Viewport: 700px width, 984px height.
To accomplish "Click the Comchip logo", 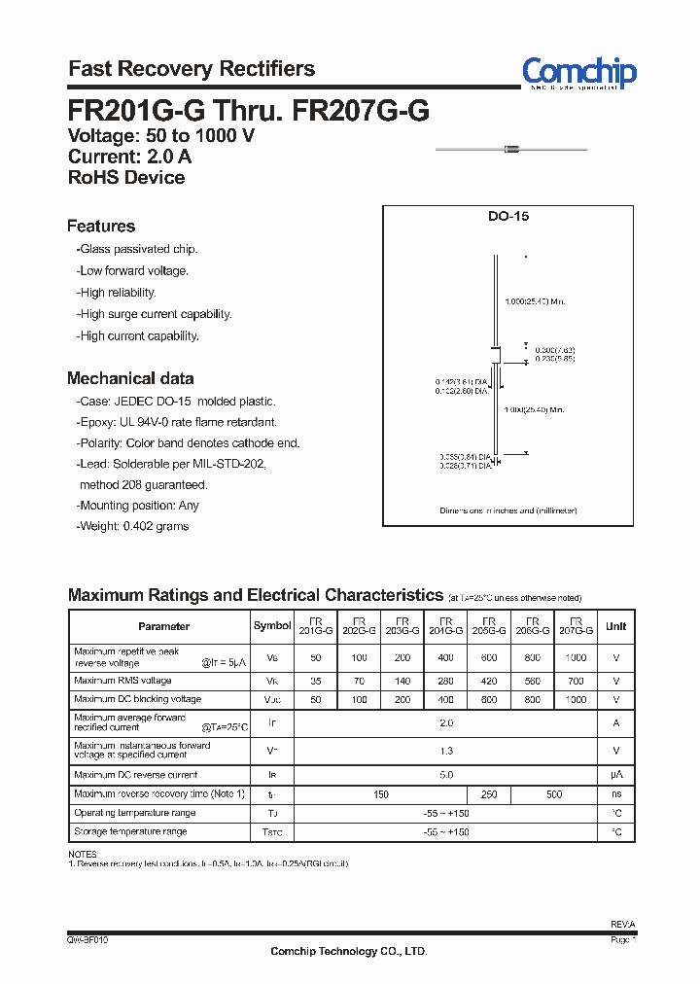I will pos(578,72).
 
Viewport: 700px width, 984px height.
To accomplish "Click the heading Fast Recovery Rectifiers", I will pos(192,69).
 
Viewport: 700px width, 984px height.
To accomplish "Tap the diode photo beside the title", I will pos(510,149).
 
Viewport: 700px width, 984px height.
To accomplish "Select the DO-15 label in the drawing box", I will pos(507,218).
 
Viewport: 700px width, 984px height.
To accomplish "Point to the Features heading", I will pos(101,227).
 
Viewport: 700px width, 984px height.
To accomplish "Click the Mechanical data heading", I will pos(130,378).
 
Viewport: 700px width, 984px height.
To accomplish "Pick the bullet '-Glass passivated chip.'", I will pos(137,250).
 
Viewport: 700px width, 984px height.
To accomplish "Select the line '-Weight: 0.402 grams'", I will pos(133,526).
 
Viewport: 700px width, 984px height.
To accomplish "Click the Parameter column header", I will pos(163,626).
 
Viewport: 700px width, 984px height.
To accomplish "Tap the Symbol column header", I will pos(272,626).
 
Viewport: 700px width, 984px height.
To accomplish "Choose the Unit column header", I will pos(616,626).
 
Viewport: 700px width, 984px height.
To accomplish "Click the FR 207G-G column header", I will pos(576,625).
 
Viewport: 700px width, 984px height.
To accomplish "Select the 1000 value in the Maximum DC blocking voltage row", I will pos(576,700).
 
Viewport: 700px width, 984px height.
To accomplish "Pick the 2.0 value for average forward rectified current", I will pos(446,723).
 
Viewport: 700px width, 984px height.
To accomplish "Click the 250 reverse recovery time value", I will pos(489,794).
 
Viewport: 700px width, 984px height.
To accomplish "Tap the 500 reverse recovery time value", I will pos(553,794).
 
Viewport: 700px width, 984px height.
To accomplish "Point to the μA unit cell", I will pos(616,775).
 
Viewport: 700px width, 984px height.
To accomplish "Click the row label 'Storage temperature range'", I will pos(130,832).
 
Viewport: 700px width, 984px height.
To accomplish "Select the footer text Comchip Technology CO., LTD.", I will pos(348,951).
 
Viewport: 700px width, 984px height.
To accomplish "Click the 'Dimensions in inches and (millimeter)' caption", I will pos(507,510).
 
